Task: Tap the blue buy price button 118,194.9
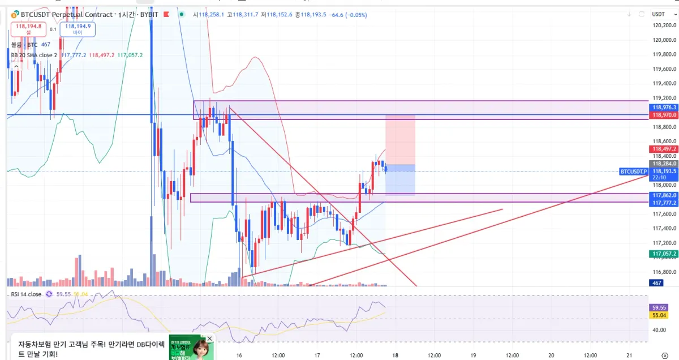point(78,28)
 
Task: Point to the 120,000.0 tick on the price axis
point(664,40)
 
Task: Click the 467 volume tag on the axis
point(657,282)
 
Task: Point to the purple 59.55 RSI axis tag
point(657,307)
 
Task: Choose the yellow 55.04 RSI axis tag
point(657,315)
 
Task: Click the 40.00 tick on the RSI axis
point(660,330)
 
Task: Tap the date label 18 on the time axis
point(395,355)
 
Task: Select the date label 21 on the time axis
point(629,355)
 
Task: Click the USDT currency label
point(658,14)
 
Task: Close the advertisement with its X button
point(209,338)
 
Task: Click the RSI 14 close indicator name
point(26,294)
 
